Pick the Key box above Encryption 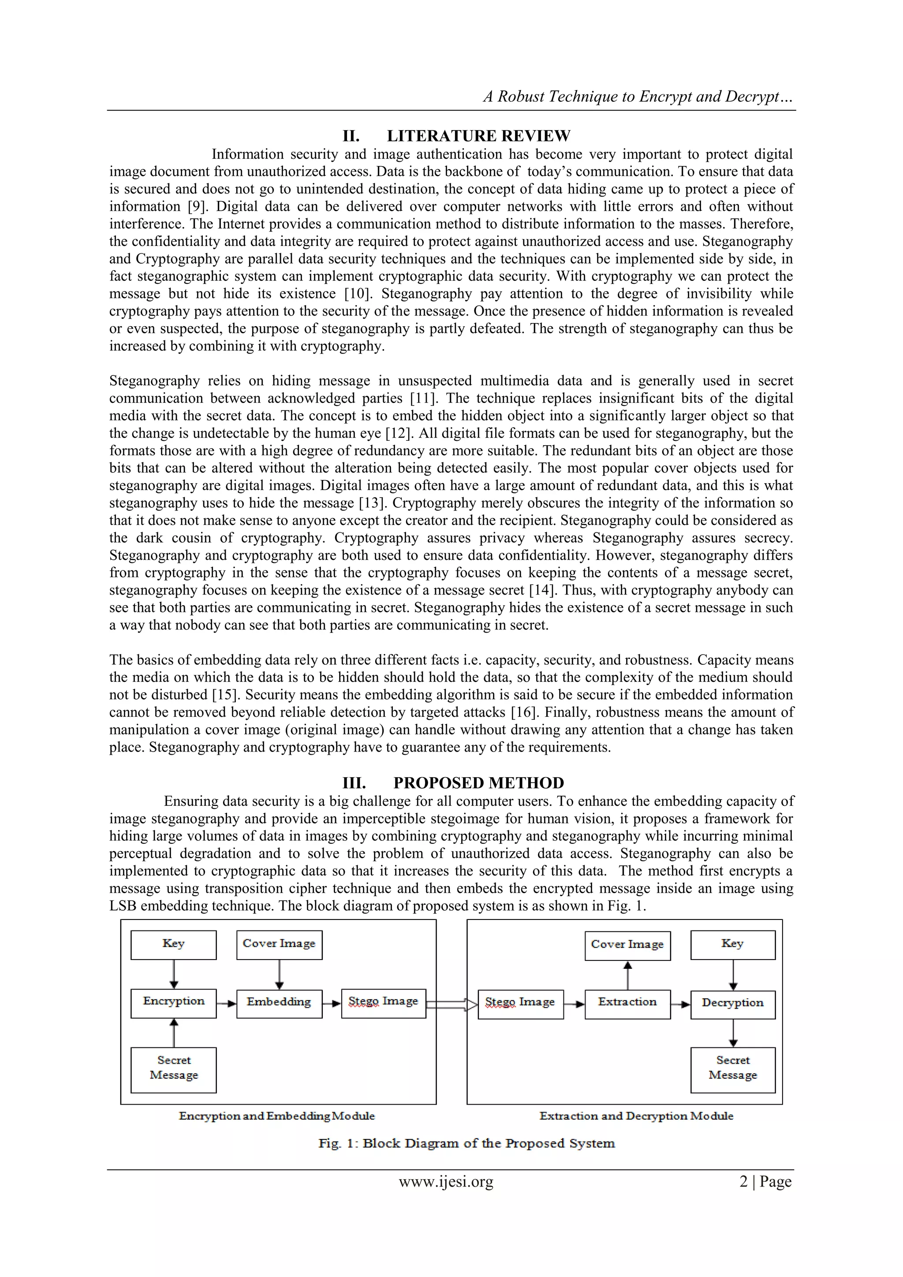174,945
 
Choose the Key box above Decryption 733,945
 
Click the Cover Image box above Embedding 279,945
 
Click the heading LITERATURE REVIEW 478,136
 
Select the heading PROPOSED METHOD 478,783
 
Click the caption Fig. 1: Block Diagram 466,1143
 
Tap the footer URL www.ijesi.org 446,1181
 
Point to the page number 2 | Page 765,1181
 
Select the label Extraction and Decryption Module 636,1116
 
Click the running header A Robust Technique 638,97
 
